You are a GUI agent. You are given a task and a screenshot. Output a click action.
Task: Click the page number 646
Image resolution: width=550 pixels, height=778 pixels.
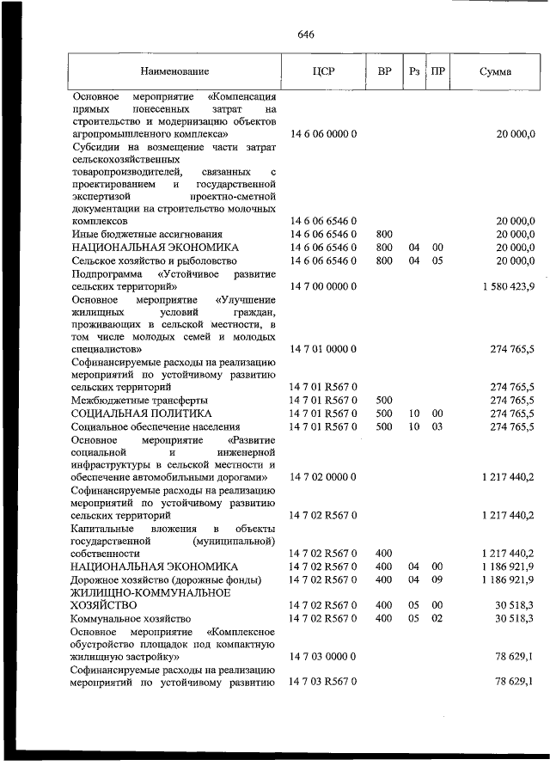coord(306,34)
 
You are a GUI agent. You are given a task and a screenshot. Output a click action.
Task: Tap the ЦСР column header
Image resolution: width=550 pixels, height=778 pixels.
coord(323,72)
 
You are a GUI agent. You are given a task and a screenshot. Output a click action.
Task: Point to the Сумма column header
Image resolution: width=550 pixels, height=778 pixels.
coord(495,72)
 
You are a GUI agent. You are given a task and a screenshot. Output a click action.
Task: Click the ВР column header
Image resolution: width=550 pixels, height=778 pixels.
coord(384,72)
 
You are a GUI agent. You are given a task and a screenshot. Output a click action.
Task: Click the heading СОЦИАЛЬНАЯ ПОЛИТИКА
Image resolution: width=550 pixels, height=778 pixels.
coord(141,414)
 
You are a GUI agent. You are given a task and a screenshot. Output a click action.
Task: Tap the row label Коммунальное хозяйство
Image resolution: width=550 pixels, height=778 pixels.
coord(132,618)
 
